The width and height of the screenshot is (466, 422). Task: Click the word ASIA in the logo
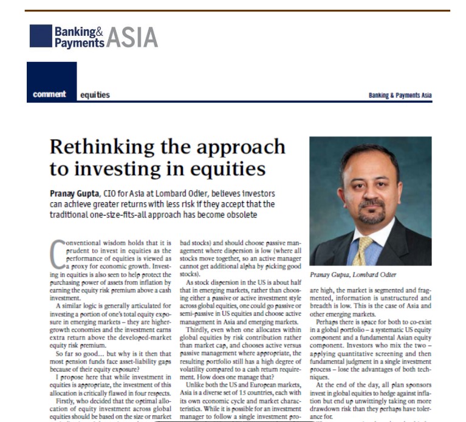132,37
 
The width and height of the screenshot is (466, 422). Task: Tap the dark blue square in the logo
41,35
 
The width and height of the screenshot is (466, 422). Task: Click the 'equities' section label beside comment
95,95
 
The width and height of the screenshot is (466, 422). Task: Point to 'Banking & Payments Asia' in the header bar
400,95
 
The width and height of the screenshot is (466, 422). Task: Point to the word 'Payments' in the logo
79,43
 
